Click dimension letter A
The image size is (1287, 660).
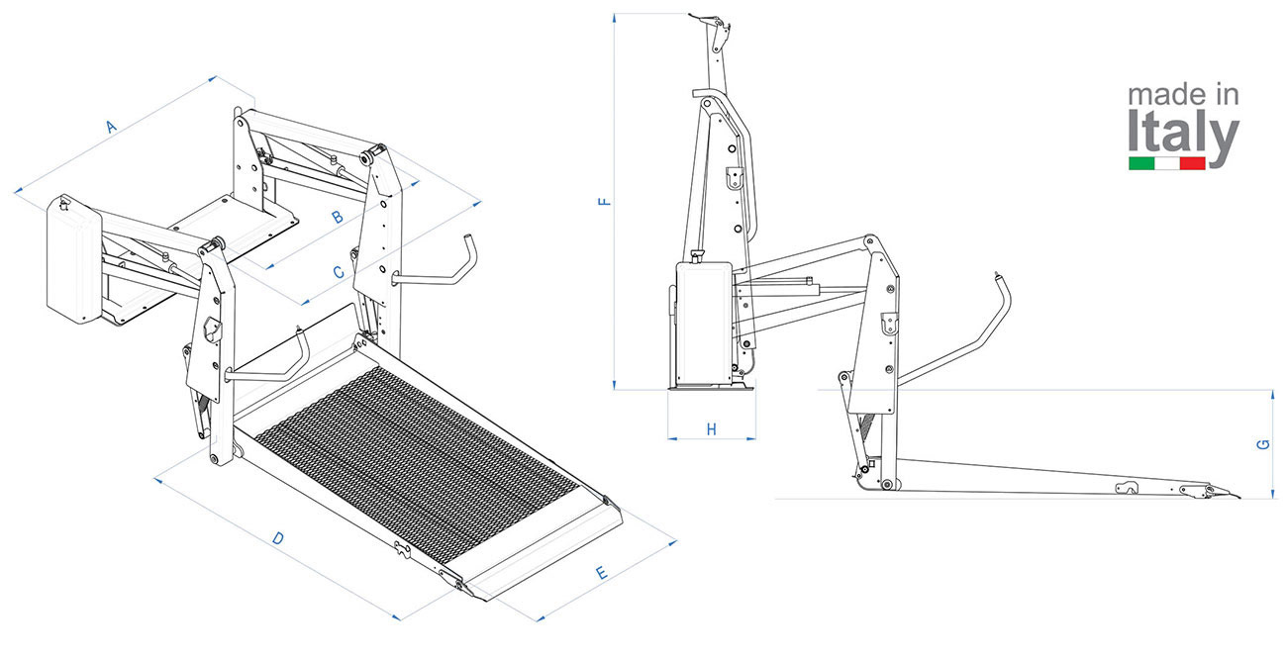(x=112, y=127)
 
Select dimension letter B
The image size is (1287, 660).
(x=338, y=217)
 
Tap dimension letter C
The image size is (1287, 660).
(x=339, y=272)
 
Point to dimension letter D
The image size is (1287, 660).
(x=278, y=538)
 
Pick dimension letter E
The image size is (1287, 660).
(x=601, y=573)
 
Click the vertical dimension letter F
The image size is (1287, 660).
(x=605, y=201)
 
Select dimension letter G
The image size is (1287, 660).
(x=1263, y=444)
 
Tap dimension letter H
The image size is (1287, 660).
(x=711, y=429)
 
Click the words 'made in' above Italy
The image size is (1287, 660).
(x=1183, y=95)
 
